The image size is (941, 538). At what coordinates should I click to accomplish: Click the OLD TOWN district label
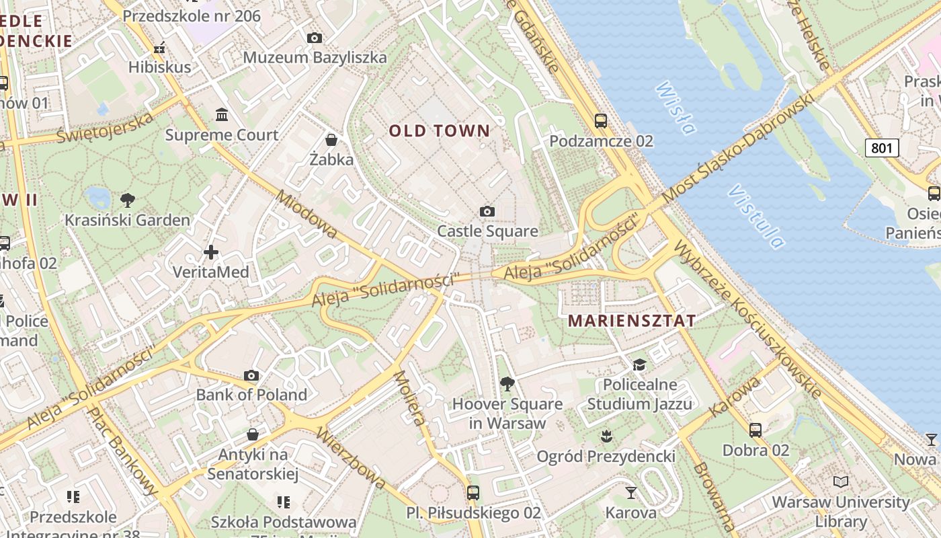[x=440, y=130]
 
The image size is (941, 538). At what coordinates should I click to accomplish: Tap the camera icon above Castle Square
[x=487, y=212]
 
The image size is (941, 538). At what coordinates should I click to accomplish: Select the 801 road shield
[x=882, y=148]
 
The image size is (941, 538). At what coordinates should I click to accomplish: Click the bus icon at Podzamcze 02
[x=600, y=121]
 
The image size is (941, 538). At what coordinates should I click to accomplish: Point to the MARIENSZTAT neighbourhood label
[x=632, y=321]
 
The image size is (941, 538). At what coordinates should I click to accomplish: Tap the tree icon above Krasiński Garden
[x=127, y=200]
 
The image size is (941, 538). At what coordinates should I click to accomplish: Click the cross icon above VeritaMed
[x=211, y=252]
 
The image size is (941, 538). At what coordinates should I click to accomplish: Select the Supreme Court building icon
[x=222, y=115]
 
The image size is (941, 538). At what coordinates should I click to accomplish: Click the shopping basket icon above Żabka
[x=331, y=140]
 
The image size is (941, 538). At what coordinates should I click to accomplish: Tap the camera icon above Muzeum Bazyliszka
[x=315, y=38]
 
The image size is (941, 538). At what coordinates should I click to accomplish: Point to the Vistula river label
[x=756, y=217]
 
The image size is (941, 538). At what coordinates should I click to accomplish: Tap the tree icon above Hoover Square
[x=507, y=384]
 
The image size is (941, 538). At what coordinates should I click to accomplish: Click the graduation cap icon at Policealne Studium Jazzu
[x=639, y=364]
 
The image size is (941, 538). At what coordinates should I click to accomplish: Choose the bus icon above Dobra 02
[x=755, y=430]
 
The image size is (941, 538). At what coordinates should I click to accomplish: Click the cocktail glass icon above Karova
[x=630, y=493]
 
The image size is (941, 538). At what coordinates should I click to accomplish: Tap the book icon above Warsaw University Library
[x=840, y=482]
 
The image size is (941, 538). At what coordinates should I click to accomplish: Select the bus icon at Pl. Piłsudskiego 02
[x=473, y=493]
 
